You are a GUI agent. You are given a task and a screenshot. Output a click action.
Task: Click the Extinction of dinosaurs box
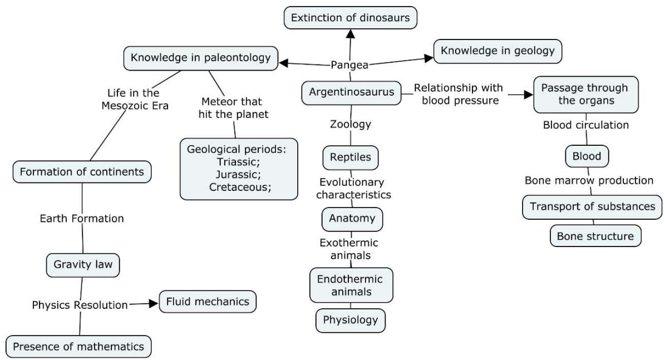351,18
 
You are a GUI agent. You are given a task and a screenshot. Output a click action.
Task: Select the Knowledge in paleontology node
201,57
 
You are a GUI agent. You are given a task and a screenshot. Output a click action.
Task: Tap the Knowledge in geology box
497,51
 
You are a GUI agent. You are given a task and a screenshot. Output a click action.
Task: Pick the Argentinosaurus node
352,92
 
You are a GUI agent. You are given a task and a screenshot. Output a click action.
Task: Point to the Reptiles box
351,157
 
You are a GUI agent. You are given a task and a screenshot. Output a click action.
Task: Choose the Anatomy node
352,219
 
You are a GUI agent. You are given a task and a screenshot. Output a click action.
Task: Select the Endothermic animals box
351,284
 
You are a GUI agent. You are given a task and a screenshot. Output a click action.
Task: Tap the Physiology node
351,319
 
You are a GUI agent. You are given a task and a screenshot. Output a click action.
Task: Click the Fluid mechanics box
208,302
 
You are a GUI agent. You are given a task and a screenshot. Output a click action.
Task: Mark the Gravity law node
83,264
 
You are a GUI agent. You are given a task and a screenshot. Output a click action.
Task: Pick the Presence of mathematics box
78,346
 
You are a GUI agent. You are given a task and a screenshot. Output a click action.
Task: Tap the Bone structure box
595,236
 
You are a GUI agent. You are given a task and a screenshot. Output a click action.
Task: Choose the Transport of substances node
592,206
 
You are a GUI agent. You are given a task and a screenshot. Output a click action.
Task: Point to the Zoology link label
351,124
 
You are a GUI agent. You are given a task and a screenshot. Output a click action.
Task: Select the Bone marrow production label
589,180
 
